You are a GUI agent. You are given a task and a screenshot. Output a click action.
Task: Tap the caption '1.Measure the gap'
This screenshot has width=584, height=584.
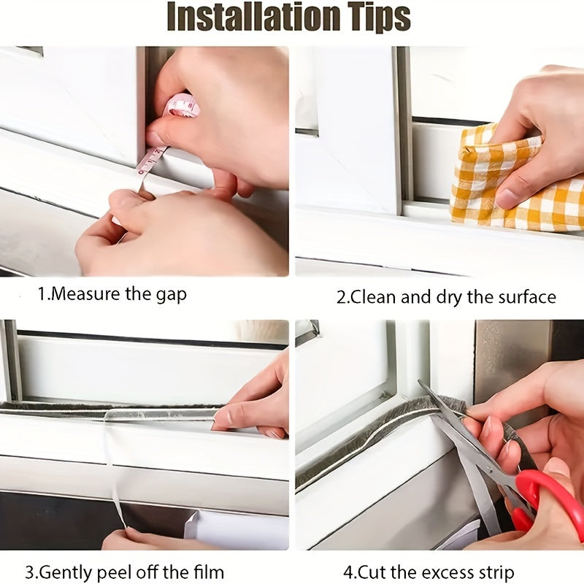point(112,295)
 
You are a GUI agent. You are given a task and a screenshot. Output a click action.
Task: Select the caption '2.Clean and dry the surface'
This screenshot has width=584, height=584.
point(446,297)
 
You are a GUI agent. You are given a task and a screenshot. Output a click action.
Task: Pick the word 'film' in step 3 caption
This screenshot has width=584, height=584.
point(210,572)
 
